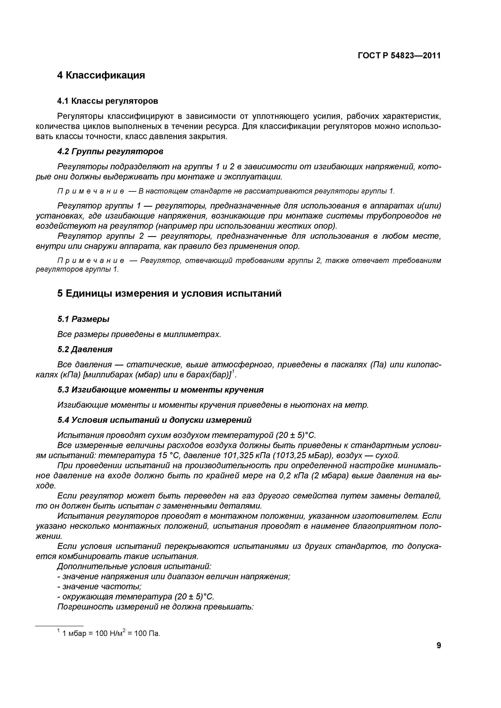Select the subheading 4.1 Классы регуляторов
click(108, 101)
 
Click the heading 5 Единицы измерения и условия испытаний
click(169, 293)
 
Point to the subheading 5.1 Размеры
click(83, 319)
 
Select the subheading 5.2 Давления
click(85, 349)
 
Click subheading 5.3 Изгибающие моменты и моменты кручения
click(160, 390)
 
